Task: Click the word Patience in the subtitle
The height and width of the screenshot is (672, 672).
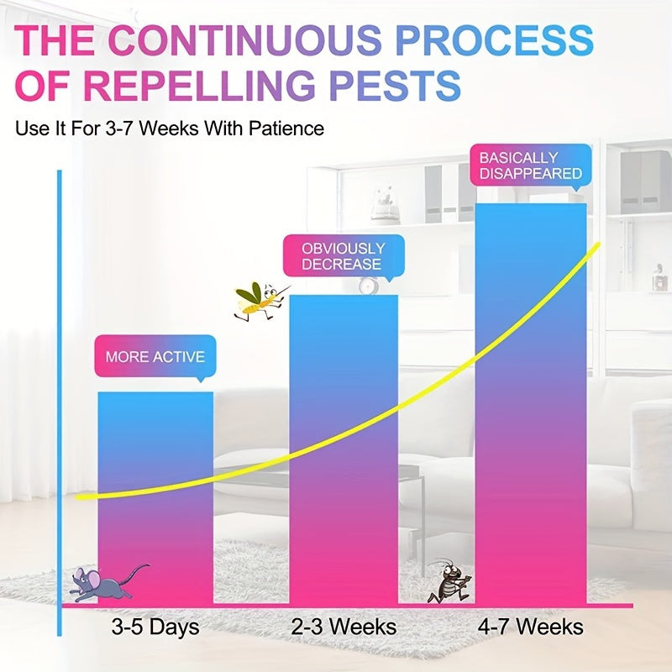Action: [x=286, y=129]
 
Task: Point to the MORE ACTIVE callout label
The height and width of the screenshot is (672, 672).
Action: [x=155, y=356]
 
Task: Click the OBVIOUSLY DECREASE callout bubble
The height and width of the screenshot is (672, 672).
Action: [x=344, y=256]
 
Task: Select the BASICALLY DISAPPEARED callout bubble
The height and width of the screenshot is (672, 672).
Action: [x=531, y=165]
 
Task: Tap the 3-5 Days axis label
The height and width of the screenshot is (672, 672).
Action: [x=155, y=627]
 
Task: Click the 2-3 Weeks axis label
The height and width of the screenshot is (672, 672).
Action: [x=344, y=627]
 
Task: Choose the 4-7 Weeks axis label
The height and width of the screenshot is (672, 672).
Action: [x=531, y=627]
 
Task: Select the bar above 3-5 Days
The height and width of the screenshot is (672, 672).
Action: [x=155, y=498]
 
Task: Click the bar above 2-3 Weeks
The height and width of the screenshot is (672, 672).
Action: [x=344, y=449]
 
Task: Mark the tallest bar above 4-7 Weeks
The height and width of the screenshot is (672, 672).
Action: [x=531, y=404]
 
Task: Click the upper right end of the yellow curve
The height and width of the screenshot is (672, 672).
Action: [x=597, y=245]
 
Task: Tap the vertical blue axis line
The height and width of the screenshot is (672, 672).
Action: [x=60, y=403]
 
